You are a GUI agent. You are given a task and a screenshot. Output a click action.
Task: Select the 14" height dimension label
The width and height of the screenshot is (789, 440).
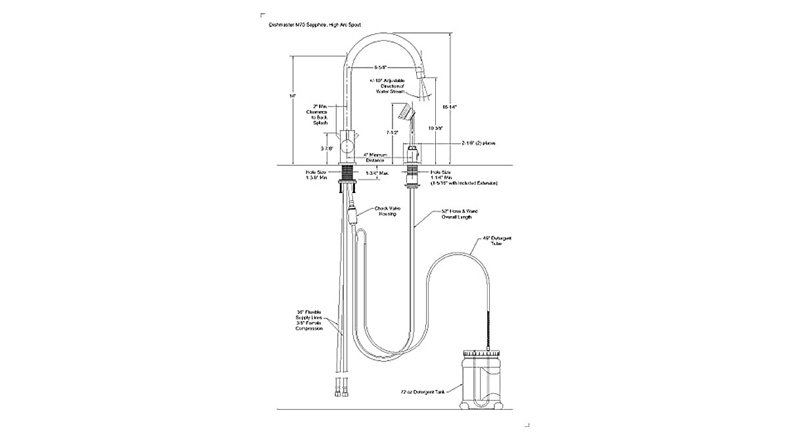[x=292, y=96]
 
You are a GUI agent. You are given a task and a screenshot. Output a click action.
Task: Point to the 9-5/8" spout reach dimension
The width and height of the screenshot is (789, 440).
[x=380, y=67]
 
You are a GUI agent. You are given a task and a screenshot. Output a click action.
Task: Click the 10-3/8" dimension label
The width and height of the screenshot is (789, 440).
[x=435, y=127]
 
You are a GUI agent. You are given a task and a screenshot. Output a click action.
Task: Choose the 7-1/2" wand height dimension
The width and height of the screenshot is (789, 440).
[x=393, y=132]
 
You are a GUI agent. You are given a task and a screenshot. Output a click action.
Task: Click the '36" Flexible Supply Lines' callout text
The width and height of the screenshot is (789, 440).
[x=308, y=320]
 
